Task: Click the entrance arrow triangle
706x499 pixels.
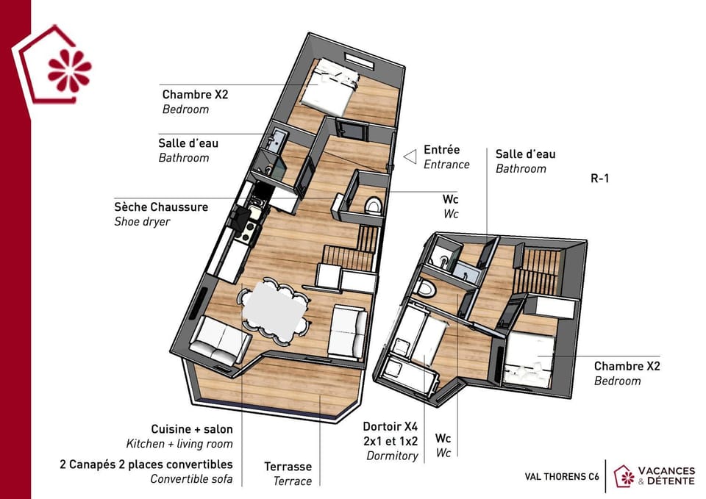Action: tap(410, 157)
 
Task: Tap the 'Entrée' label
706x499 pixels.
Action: tap(442, 150)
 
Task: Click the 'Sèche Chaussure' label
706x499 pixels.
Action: tap(161, 207)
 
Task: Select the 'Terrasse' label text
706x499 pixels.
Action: tap(288, 467)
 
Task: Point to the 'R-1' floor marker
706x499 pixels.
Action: tap(600, 178)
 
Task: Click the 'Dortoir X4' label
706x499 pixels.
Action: tap(391, 426)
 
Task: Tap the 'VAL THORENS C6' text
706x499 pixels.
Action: tap(562, 476)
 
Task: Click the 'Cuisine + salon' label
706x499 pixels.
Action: tap(192, 429)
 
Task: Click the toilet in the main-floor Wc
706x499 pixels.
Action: tap(373, 206)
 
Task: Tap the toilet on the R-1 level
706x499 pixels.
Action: tap(427, 288)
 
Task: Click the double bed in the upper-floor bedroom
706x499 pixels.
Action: tap(329, 87)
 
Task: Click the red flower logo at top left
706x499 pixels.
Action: tap(69, 71)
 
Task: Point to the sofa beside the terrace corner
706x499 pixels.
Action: tap(219, 340)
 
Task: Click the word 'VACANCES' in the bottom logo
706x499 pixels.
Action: tap(666, 470)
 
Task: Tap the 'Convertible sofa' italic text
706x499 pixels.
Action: tap(191, 478)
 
